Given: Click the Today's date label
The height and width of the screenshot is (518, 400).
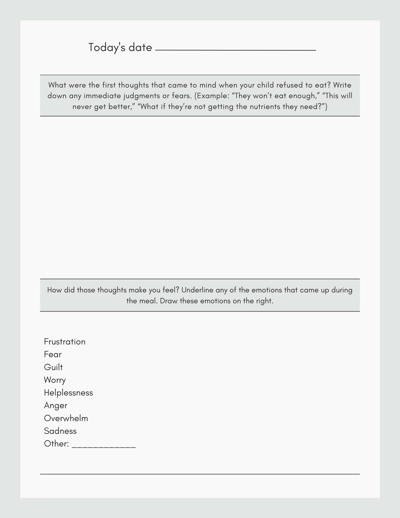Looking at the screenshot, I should [120, 47].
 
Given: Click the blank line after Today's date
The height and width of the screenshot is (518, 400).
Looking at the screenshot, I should [235, 49].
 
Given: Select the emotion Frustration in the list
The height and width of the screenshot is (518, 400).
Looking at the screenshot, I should [65, 342].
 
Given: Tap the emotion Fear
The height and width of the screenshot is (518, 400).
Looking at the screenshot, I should [53, 355].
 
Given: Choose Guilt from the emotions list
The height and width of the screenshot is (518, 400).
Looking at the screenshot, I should [54, 367].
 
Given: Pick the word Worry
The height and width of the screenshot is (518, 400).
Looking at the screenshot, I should [55, 380].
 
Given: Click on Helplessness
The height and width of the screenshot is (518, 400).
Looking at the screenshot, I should [68, 393].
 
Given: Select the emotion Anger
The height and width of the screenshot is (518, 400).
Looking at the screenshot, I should [56, 406].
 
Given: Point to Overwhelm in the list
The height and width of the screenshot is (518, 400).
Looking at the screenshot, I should [66, 418].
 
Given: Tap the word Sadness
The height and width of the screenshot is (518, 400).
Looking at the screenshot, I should [60, 431].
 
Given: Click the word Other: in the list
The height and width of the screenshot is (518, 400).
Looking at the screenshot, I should [56, 444].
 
